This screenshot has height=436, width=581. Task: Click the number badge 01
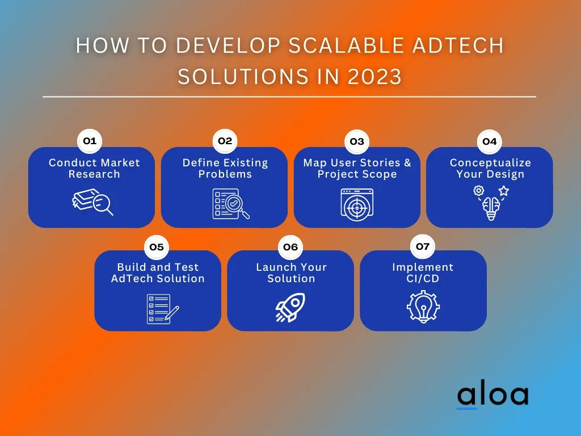90,141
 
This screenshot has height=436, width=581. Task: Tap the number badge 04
490,141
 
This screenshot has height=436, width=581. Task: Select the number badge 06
290,247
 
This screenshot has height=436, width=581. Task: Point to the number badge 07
423,246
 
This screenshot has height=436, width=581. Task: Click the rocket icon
290,307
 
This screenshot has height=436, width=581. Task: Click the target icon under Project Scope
357,204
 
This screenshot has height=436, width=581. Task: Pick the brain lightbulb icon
491,203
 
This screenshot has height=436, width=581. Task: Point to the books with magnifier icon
92,202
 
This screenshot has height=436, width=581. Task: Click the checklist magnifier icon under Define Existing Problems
231,204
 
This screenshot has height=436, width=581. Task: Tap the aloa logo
493,396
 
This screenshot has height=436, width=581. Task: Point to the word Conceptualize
490,163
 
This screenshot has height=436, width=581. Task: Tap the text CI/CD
423,278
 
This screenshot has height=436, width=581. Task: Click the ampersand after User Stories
407,163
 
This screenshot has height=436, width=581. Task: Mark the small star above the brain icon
504,191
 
